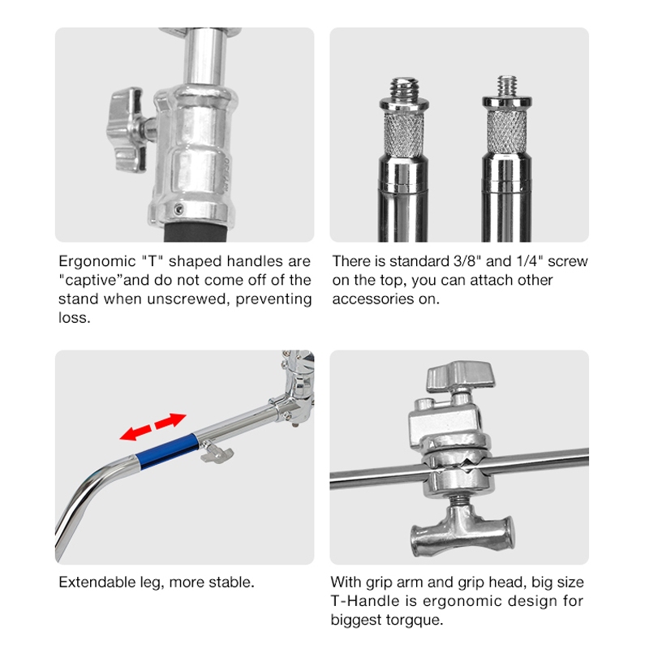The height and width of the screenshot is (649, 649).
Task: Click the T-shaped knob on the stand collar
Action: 127,130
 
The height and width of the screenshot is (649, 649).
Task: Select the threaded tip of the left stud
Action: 404,88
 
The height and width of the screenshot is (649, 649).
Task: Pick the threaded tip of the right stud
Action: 507,86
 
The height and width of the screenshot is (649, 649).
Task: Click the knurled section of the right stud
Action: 506,131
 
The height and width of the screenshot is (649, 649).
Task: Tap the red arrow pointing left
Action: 135,432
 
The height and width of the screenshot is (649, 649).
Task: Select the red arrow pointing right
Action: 170,419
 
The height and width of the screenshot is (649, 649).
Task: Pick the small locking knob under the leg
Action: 216,453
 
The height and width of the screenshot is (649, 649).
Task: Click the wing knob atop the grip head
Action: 460,377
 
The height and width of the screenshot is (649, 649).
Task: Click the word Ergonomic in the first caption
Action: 97,262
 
